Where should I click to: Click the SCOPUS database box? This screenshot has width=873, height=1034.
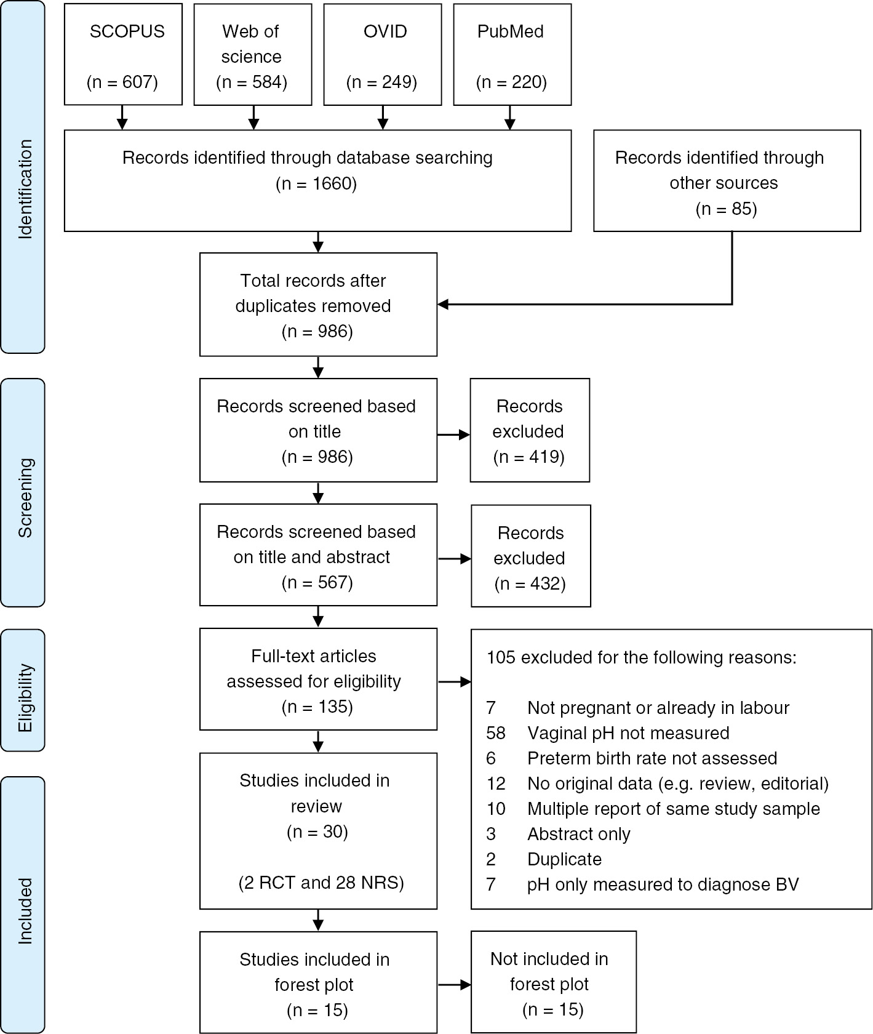click(123, 54)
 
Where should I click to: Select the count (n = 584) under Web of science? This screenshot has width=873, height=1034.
click(252, 82)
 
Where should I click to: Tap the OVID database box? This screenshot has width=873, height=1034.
click(382, 54)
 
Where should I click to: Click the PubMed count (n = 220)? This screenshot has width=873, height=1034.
click(511, 82)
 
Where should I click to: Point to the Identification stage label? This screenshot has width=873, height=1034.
click(24, 189)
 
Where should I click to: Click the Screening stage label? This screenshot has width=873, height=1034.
click(24, 498)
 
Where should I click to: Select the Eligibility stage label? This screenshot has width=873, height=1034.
click(24, 697)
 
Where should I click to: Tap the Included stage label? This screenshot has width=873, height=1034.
click(24, 910)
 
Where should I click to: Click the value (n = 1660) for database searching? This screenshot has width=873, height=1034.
click(316, 183)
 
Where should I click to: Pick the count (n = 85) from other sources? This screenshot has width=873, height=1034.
click(726, 209)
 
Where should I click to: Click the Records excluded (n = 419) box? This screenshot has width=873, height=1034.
click(530, 431)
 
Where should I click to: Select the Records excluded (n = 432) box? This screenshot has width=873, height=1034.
click(531, 557)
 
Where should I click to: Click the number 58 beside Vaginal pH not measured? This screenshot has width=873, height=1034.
click(495, 733)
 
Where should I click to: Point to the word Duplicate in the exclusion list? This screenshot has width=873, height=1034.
click(564, 859)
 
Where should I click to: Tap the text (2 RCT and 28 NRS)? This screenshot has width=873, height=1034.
click(321, 883)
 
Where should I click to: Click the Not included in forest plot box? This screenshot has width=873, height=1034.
click(553, 984)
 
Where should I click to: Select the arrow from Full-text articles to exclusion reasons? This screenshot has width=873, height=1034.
click(454, 682)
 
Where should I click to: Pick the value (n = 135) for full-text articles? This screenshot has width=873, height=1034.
click(317, 707)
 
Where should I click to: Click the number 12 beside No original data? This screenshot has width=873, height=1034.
click(495, 784)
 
